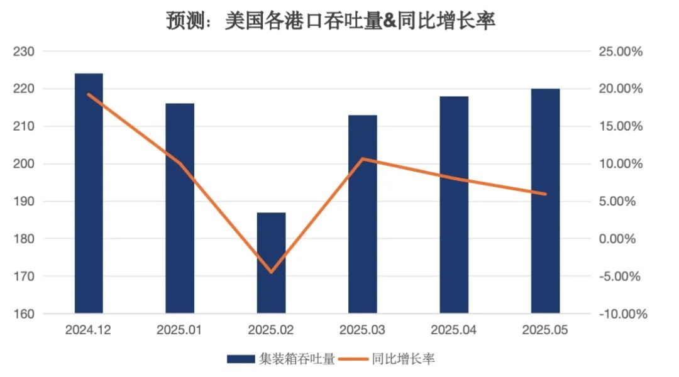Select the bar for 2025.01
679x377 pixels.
coord(180,207)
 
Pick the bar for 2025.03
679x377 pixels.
coord(363,214)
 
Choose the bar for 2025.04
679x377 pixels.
coord(454,204)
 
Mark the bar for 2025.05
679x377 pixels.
coord(545,200)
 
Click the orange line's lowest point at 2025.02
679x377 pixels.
coord(271,272)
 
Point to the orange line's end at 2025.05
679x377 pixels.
coord(545,194)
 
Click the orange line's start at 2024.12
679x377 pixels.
coord(89,94)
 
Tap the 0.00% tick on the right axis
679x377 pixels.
coord(621,239)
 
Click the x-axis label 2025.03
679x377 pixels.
coord(363,330)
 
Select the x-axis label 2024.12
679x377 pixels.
coord(89,330)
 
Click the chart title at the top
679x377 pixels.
coord(331,21)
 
